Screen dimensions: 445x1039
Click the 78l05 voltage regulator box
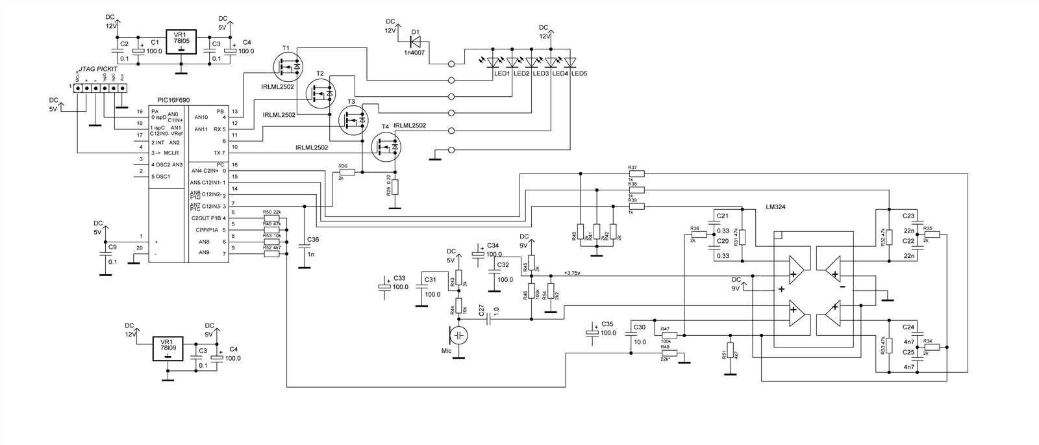pyautogui.click(x=181, y=44)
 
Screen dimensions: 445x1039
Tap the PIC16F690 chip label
pyautogui.click(x=173, y=101)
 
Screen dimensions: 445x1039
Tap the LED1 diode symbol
pyautogui.click(x=494, y=62)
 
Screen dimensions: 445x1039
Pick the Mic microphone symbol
pyautogui.click(x=459, y=335)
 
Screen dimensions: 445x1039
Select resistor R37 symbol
pyautogui.click(x=636, y=174)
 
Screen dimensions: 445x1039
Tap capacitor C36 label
pyautogui.click(x=313, y=239)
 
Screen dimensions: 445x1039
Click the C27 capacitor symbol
pyautogui.click(x=492, y=320)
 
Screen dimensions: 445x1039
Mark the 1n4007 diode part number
pyautogui.click(x=414, y=52)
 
